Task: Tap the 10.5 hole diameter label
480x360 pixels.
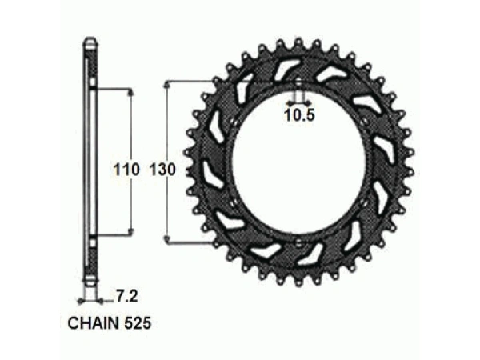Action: (299, 114)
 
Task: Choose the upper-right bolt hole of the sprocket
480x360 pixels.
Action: (366, 122)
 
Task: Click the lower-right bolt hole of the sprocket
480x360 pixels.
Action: (366, 202)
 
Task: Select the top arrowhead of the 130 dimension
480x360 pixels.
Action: (167, 83)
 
